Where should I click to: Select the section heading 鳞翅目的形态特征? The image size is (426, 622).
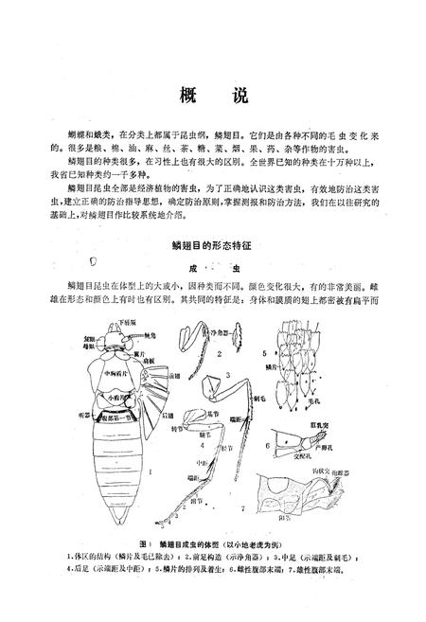[214, 242]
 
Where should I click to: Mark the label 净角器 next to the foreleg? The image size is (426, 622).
[219, 332]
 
